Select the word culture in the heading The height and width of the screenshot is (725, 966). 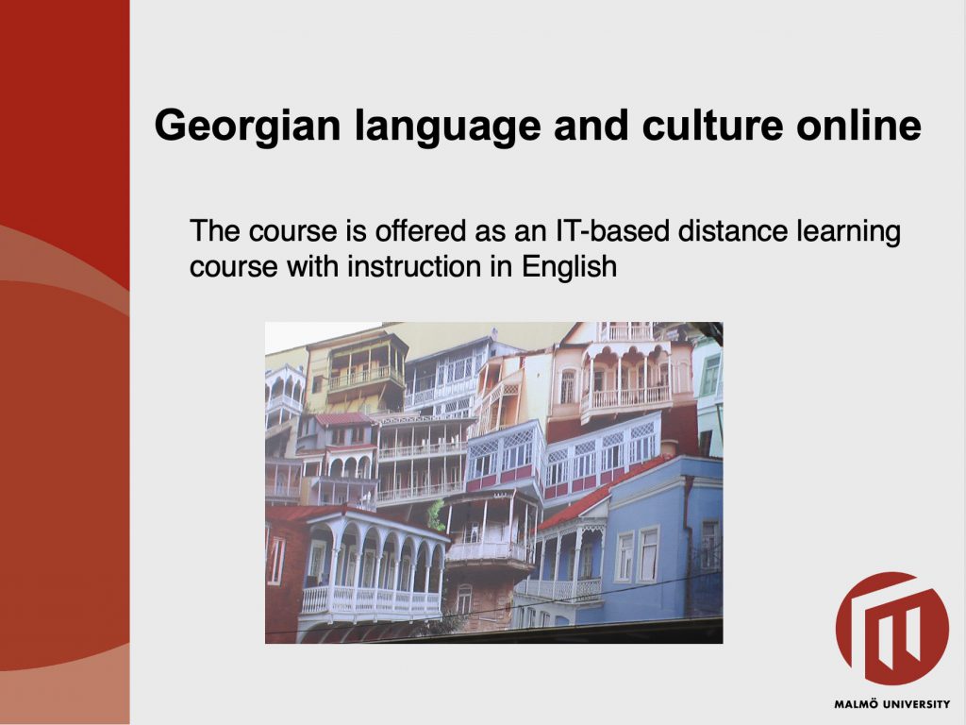712,126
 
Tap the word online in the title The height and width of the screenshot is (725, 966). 858,126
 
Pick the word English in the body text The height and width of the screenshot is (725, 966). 569,267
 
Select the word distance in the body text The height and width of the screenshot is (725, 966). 732,231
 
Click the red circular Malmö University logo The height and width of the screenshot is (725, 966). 892,628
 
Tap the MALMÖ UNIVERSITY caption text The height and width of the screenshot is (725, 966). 892,704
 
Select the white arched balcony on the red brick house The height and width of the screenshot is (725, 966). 374,567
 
